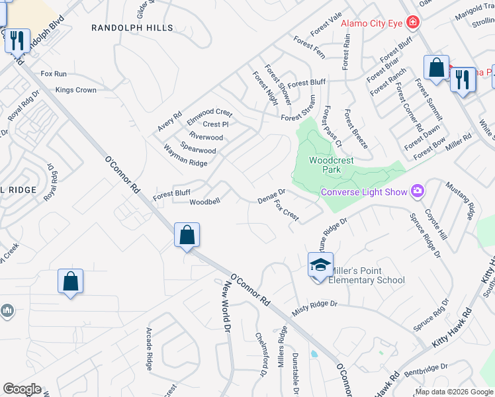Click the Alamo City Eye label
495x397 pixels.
click(372, 23)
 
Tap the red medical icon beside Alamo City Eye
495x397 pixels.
click(413, 23)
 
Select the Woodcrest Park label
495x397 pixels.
click(332, 165)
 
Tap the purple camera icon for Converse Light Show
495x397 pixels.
click(418, 192)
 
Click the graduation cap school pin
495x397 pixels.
click(320, 265)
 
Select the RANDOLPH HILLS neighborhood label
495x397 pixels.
click(132, 28)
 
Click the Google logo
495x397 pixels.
click(22, 389)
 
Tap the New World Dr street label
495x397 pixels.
click(227, 306)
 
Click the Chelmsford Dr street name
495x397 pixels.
click(261, 355)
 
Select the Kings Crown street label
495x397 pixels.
click(76, 90)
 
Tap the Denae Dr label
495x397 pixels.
click(271, 196)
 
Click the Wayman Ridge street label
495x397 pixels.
click(185, 157)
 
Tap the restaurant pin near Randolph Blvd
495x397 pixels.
click(17, 41)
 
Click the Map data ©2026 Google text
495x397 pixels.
click(453, 391)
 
